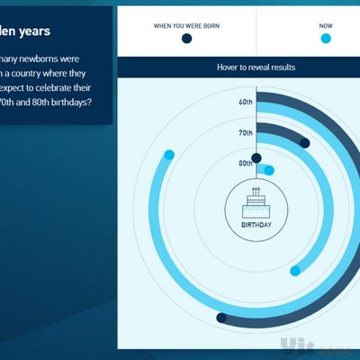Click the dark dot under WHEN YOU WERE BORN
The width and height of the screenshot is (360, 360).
pos(186,39)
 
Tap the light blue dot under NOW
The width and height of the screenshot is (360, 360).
pos(325,39)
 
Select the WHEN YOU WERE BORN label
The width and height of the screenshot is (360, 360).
pos(186,24)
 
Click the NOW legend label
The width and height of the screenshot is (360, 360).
pos(325,25)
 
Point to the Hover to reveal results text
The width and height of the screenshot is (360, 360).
pos(256,67)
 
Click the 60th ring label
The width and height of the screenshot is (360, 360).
pos(246,102)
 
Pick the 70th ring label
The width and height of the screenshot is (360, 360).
pos(246,132)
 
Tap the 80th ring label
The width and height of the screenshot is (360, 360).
pos(246,163)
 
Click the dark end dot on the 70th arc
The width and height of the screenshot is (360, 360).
pos(304,143)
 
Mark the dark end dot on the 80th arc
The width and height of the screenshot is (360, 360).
pos(256,158)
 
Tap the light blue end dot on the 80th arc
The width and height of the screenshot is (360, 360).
pos(268,169)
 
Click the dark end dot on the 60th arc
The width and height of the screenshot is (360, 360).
pos(221,317)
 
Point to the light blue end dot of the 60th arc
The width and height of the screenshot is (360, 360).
pos(168,155)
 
